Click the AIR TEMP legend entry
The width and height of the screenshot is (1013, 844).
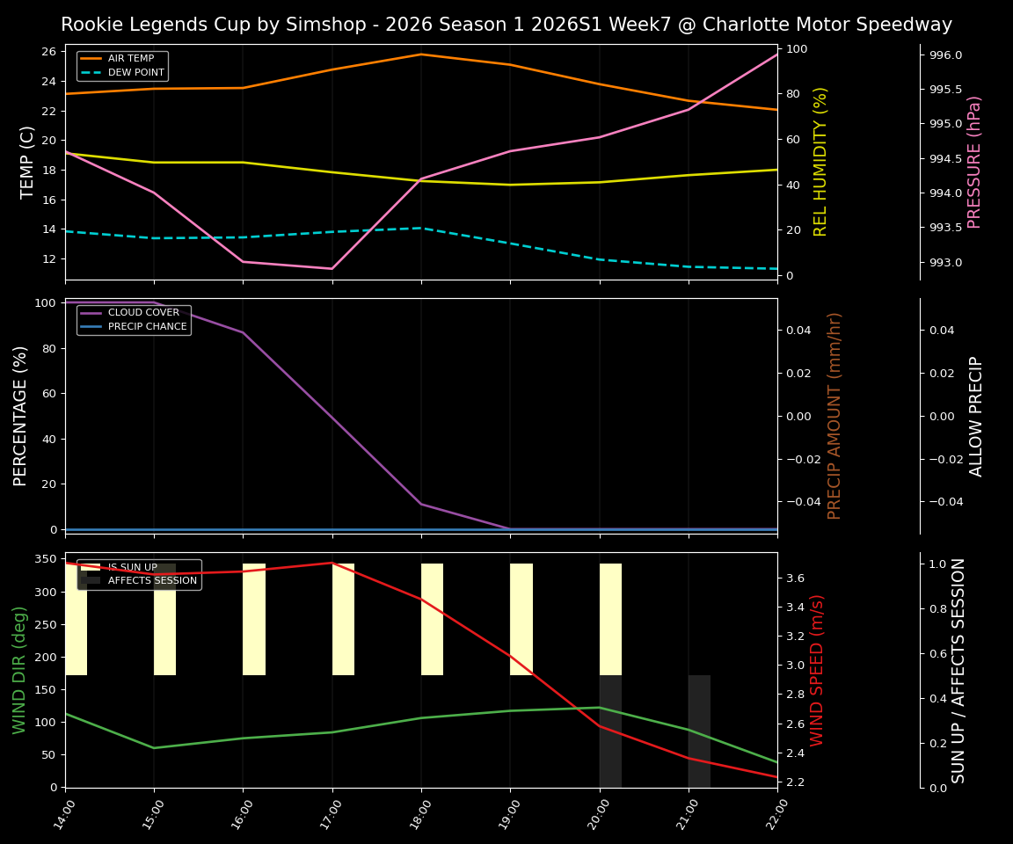[130, 59]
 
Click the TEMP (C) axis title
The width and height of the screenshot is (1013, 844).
[28, 162]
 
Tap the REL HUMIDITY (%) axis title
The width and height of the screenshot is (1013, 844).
[820, 162]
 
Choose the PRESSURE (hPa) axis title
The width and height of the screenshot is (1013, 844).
[974, 162]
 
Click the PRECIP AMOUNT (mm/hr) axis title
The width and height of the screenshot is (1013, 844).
[834, 415]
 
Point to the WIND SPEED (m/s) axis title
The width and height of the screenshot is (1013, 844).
[818, 670]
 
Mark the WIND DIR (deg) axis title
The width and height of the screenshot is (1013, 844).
[19, 670]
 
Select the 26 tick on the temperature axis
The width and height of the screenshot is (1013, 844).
[49, 52]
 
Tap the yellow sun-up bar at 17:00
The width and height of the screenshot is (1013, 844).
[343, 619]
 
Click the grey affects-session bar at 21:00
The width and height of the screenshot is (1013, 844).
[699, 731]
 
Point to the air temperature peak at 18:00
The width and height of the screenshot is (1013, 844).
[421, 55]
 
